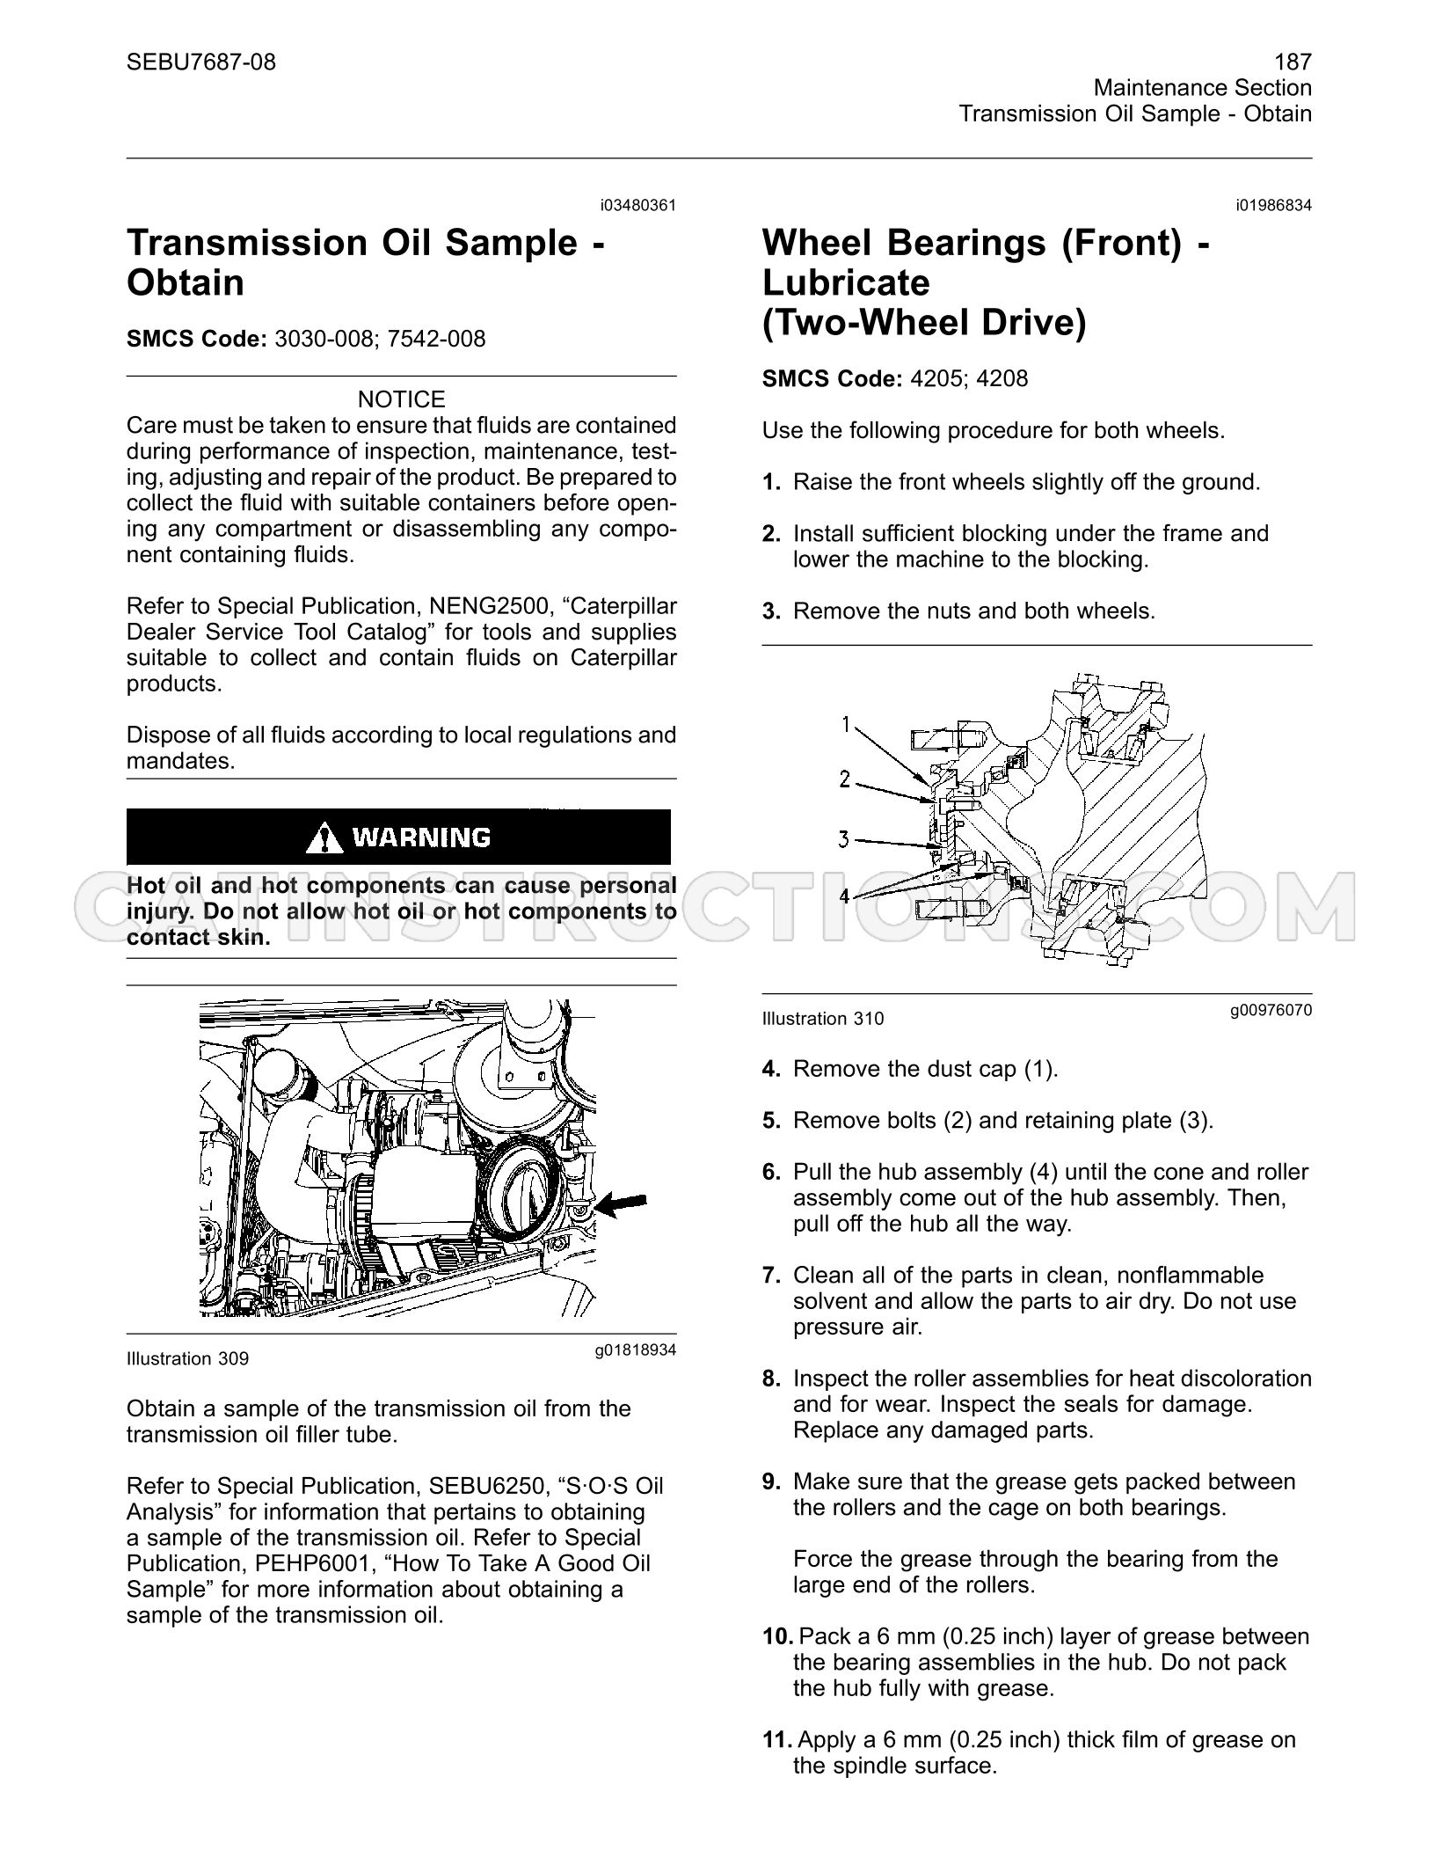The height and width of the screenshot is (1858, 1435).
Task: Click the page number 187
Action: (x=1293, y=62)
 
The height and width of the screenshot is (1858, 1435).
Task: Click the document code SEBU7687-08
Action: (x=201, y=62)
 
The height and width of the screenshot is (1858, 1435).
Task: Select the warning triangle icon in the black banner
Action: (x=324, y=837)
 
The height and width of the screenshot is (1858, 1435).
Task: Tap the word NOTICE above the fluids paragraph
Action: (x=402, y=399)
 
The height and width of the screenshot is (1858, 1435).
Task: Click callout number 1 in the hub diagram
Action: (x=846, y=724)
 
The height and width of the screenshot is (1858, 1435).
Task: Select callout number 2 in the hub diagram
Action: (x=845, y=779)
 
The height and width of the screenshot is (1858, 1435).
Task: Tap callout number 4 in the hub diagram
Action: (x=845, y=896)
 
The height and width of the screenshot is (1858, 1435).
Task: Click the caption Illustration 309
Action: (x=187, y=1359)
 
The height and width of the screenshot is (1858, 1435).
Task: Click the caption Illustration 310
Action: (x=823, y=1019)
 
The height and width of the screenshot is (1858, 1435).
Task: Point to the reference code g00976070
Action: (x=1271, y=1010)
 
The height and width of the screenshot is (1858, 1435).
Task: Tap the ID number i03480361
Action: (x=639, y=206)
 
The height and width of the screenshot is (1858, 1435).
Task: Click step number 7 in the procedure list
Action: (x=772, y=1276)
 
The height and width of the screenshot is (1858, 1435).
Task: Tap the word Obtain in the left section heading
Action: (x=186, y=283)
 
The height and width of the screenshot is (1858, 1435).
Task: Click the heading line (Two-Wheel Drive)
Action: (x=924, y=323)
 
